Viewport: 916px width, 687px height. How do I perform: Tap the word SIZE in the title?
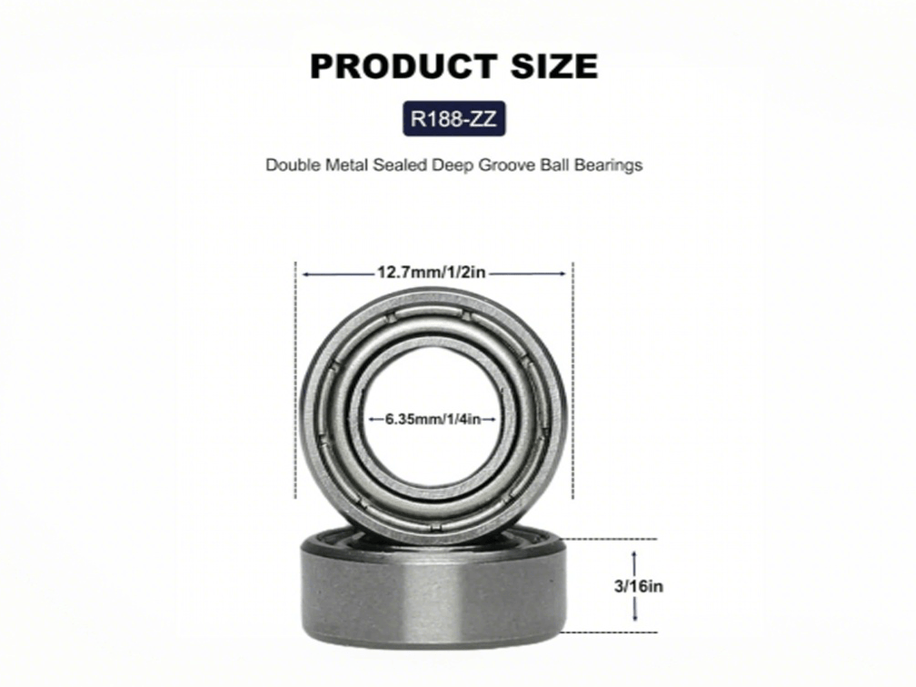(x=549, y=66)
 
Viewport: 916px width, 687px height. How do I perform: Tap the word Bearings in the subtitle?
(x=611, y=165)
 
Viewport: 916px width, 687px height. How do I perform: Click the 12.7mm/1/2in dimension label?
(x=433, y=272)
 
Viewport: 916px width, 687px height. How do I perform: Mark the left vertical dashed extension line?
(x=296, y=382)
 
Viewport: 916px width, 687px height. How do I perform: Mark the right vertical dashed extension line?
(x=572, y=382)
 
